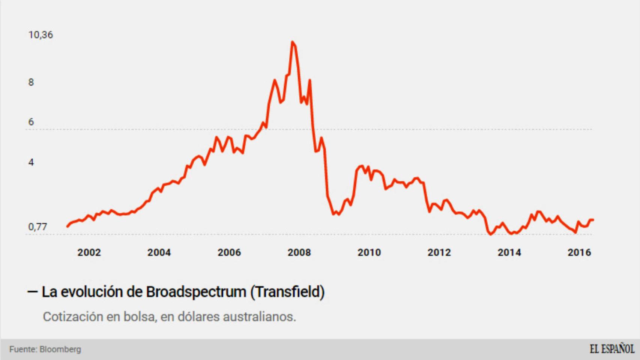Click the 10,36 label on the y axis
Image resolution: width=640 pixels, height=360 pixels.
coord(41,35)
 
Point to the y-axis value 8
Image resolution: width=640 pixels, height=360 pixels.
coord(31,82)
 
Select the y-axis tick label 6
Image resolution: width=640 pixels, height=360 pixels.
coord(31,122)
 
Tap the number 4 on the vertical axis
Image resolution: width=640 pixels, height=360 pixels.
coord(31,162)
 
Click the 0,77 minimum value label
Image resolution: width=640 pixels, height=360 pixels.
coord(38,227)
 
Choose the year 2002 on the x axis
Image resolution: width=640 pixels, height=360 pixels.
coord(89,252)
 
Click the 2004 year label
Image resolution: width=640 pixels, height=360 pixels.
coord(159,252)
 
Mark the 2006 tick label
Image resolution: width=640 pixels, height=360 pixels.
coord(229,252)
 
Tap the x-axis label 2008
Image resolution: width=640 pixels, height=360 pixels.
coord(299,252)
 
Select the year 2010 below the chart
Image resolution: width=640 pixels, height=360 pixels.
coord(369,252)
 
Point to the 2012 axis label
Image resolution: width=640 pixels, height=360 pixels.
coord(439,252)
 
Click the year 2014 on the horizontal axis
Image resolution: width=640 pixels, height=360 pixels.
coord(509,252)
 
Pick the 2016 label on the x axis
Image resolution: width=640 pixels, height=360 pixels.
coord(579,252)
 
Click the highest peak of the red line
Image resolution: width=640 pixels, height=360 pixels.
coord(292,42)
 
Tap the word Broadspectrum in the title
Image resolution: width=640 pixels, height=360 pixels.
coord(196,292)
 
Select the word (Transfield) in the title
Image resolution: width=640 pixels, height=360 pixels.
coord(287,292)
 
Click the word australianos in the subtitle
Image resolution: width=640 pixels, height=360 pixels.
coord(259,317)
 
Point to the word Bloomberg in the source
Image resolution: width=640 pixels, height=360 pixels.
coord(60,349)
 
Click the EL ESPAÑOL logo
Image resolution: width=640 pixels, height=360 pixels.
coord(612,349)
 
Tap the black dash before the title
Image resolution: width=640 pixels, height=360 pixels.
coord(33,292)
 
